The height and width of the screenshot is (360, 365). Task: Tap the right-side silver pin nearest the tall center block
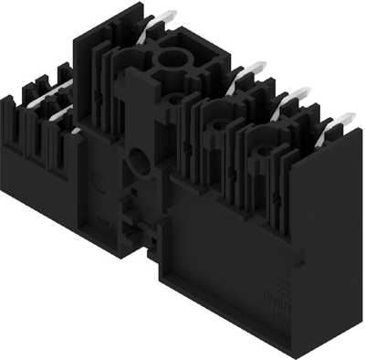248,70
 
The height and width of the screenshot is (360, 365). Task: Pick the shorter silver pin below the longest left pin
57,114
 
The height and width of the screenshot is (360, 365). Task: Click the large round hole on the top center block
171,61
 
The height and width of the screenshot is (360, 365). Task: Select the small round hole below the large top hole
175,95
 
